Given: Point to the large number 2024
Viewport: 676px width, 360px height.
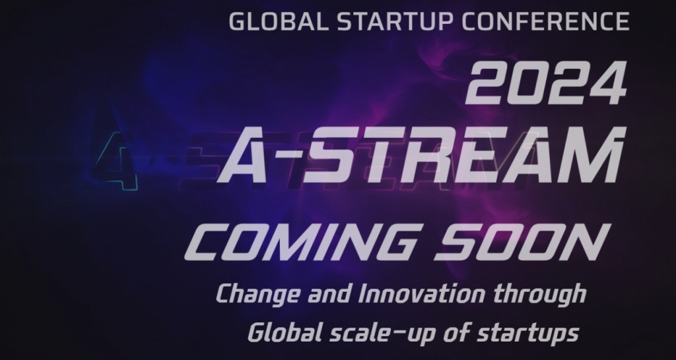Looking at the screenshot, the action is click(546, 83).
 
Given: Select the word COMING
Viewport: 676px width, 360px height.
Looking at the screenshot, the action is click(302, 242).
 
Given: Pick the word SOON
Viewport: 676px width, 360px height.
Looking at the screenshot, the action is click(522, 242).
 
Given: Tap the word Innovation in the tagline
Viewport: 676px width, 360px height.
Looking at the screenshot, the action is click(422, 293).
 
